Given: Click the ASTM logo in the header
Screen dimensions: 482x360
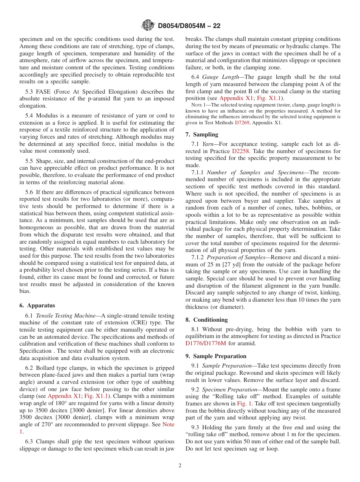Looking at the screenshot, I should [x=148, y=25].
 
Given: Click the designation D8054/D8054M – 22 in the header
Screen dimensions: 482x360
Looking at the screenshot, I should [x=189, y=26].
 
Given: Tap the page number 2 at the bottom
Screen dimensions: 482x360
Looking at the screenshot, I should [x=180, y=465].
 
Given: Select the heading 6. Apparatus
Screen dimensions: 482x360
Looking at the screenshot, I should [x=37, y=305].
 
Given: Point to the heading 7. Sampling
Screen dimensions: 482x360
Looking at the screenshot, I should [x=202, y=134].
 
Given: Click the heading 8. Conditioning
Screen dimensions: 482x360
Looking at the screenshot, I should [x=207, y=319].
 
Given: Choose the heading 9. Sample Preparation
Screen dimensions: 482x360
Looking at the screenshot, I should [x=216, y=356].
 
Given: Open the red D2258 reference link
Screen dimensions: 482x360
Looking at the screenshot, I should [x=239, y=151].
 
